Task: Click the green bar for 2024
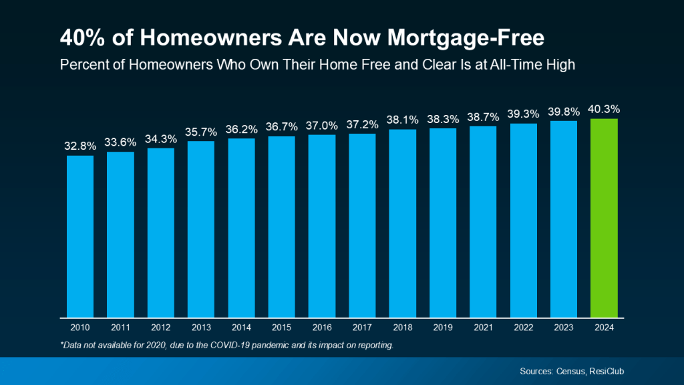click(604, 217)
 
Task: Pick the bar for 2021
click(483, 221)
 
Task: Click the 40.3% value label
click(604, 110)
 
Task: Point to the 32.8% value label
click(80, 145)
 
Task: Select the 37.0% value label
click(322, 125)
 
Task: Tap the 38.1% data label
click(403, 120)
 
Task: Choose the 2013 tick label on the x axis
click(201, 328)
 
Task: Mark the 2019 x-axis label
click(443, 328)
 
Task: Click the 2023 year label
click(564, 328)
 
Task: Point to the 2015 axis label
click(282, 328)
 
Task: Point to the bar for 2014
click(241, 227)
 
